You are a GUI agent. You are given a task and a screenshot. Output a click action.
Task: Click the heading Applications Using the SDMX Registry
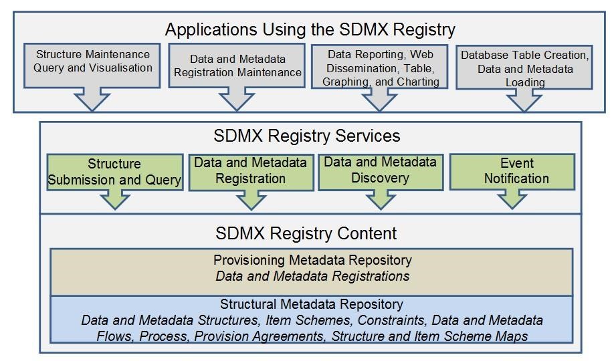[x=310, y=29]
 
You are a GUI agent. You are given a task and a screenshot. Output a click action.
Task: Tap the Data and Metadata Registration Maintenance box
[x=236, y=66]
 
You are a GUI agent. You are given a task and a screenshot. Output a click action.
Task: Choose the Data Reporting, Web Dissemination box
[x=380, y=67]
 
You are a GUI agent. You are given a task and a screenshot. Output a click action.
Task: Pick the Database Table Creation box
[x=525, y=68]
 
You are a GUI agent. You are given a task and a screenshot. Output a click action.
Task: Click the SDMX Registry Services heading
[x=307, y=136]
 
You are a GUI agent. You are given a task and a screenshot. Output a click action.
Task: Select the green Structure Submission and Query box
[x=114, y=172]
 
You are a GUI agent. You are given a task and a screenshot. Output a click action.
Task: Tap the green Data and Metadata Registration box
[x=250, y=170]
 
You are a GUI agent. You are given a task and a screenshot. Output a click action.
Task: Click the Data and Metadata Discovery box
[x=380, y=170]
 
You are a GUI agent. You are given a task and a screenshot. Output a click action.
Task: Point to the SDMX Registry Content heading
[x=306, y=233]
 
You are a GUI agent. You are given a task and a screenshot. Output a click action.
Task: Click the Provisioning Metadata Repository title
[x=312, y=259]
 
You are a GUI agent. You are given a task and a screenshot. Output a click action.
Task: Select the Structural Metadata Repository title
[x=312, y=305]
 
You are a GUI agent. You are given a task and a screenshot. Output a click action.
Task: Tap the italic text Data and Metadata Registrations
[x=312, y=275]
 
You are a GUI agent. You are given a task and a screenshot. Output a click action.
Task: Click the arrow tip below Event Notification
[x=513, y=206]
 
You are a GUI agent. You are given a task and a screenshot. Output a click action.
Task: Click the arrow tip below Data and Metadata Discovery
[x=381, y=206]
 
